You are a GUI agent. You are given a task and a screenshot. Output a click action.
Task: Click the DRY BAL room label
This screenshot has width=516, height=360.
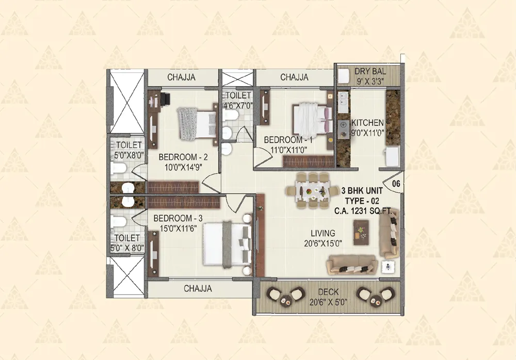click(367, 71)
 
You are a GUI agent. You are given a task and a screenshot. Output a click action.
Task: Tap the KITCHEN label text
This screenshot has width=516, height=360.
click(367, 123)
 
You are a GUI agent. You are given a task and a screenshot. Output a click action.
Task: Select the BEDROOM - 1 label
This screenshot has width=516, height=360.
click(288, 140)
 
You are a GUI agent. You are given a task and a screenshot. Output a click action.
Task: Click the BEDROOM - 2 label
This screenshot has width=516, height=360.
click(183, 157)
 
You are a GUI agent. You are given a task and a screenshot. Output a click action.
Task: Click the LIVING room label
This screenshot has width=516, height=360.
click(323, 233)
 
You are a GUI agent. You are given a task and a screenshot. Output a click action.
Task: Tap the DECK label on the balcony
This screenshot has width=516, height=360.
click(328, 291)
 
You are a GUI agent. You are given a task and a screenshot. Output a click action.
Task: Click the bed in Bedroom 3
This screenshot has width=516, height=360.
click(227, 243)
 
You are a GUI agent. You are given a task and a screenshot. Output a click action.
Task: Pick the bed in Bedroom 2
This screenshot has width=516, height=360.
click(196, 123)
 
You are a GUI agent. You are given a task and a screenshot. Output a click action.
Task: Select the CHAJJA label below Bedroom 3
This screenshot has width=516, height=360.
click(198, 289)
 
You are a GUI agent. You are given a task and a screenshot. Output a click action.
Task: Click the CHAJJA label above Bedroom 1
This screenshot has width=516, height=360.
click(294, 77)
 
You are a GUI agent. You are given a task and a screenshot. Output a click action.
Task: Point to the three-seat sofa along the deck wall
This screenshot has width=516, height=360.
click(350, 266)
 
